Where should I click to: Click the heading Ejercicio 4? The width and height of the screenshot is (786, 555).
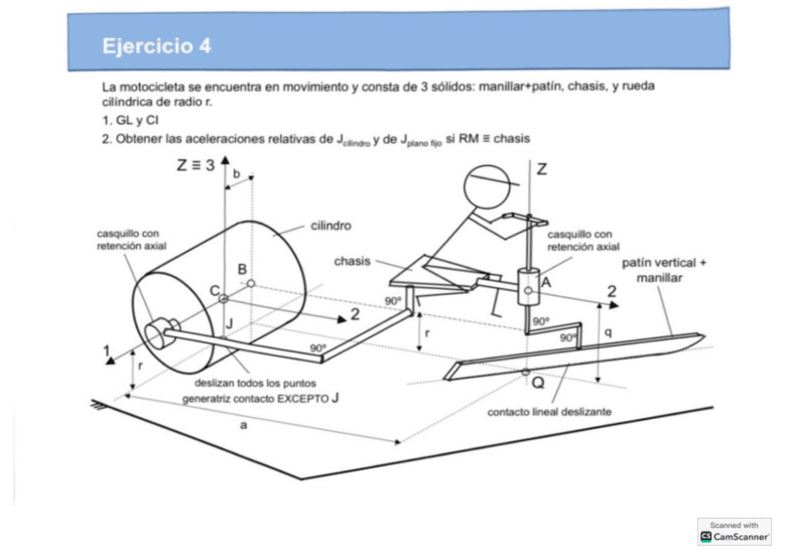(x=162, y=45)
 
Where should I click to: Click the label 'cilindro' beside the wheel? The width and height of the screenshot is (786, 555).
(x=330, y=225)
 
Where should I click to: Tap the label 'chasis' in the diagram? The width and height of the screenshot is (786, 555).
(x=353, y=261)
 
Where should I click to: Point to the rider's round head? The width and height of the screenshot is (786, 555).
(x=488, y=189)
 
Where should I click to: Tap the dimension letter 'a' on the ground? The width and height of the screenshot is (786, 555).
(x=243, y=424)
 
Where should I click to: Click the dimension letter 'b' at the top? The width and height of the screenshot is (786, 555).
(x=236, y=173)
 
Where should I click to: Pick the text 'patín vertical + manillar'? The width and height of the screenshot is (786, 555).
(x=664, y=270)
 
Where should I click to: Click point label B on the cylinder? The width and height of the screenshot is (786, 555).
(x=242, y=269)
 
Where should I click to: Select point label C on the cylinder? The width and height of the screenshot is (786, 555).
(x=213, y=290)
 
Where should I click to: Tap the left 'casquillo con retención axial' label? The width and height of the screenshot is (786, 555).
(x=130, y=240)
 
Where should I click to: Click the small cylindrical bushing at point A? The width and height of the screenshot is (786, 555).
(x=528, y=285)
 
